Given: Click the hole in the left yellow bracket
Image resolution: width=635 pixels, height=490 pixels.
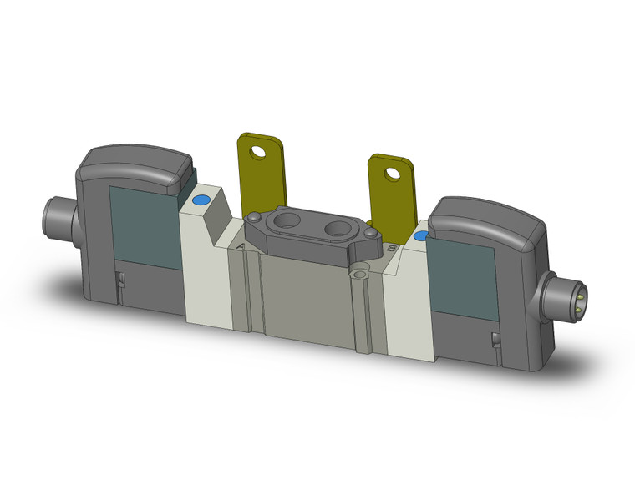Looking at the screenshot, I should pos(267,152).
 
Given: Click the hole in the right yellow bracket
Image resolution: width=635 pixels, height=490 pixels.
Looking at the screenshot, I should pos(391,173).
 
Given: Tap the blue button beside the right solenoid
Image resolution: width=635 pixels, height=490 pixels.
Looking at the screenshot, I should pos(420,236).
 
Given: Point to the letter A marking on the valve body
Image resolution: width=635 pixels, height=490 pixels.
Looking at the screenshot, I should pos(241,246).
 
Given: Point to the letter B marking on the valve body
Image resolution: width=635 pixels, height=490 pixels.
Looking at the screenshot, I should pos(393,248).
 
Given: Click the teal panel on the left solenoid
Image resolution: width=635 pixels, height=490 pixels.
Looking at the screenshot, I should pos(144,225).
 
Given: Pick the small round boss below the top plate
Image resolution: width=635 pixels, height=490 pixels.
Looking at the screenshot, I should pos(360,271).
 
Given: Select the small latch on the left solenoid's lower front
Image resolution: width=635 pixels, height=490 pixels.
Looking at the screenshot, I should pos(121,280).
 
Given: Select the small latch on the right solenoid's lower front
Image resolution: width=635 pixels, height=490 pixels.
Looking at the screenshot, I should pos(495,336).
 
